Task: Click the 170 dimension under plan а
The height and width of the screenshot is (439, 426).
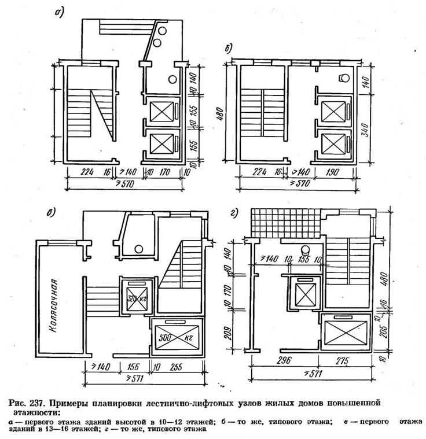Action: [166, 173]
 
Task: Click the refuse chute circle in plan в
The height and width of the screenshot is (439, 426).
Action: [138, 249]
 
